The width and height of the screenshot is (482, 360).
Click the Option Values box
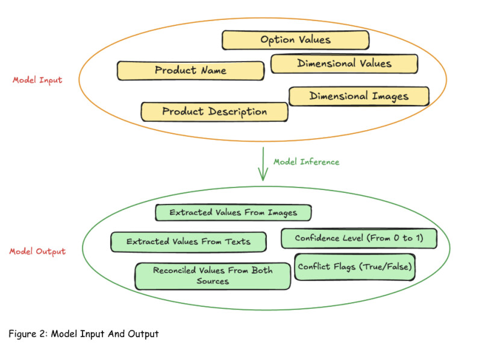pos(295,40)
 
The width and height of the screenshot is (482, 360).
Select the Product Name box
pos(190,71)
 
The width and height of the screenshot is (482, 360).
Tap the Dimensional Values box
pos(344,63)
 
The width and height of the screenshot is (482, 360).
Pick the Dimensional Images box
pos(359,96)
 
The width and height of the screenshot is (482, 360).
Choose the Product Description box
pos(214,112)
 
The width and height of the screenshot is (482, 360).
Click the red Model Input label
pos(37,80)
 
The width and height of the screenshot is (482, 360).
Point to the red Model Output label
pos(37,251)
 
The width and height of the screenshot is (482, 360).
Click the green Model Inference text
pos(306,162)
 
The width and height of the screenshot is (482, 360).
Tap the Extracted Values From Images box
pos(234,212)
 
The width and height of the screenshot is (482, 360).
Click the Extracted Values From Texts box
pos(189,242)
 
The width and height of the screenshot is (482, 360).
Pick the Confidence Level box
pos(358,238)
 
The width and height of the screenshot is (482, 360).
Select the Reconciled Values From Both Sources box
pos(213,276)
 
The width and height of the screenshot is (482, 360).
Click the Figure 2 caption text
pos(84,333)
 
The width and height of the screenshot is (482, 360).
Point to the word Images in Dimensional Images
pos(389,96)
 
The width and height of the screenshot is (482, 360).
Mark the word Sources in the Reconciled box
pos(213,281)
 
